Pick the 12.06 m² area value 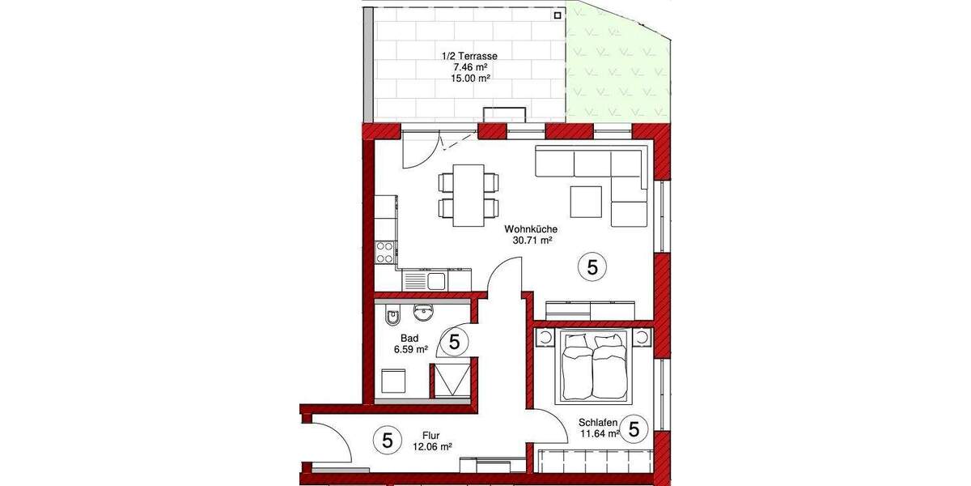pos(432,446)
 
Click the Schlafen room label pos(599,422)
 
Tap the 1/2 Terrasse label pos(469,56)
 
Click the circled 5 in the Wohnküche pos(592,267)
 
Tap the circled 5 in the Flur pos(387,441)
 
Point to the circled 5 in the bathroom pos(454,342)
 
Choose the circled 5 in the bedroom pos(634,428)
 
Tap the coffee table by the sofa pos(587,202)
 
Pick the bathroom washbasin pos(422,311)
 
